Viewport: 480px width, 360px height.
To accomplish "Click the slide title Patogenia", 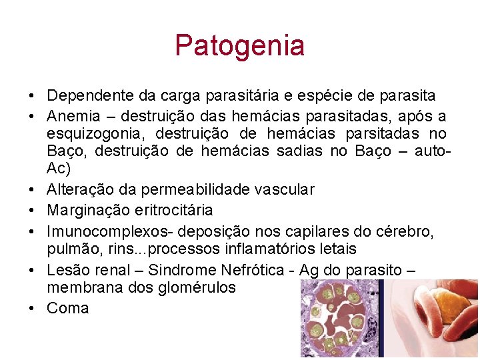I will [239, 45].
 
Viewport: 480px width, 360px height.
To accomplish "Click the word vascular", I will [284, 190].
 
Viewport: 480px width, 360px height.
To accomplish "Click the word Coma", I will [68, 308].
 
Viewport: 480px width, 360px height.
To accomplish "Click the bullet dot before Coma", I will [31, 308].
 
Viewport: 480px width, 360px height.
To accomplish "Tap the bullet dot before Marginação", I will [31, 211].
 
